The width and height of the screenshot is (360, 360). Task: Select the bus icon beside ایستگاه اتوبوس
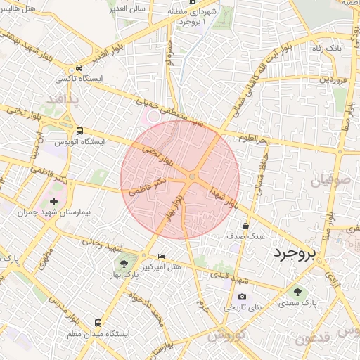tap(79, 130)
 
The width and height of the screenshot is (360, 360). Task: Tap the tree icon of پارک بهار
tap(124, 264)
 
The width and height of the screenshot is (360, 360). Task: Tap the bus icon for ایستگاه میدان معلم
tap(98, 322)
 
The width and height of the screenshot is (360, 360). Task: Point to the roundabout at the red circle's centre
tap(191, 176)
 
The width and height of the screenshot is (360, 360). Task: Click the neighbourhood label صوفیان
tap(326, 181)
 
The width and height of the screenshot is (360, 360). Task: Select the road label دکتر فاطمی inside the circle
tap(148, 186)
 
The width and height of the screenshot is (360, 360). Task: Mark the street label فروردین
tap(335, 79)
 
